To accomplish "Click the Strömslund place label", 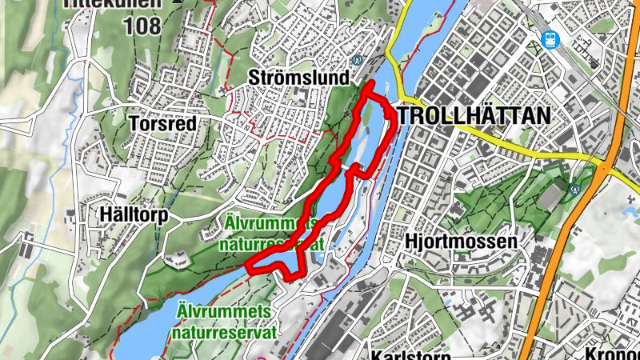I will tap(299, 78).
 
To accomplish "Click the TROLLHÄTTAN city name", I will tap(474, 116).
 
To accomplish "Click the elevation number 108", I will tap(142, 26).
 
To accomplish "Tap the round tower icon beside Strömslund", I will tap(358, 59).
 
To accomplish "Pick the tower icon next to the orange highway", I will tap(574, 188).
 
